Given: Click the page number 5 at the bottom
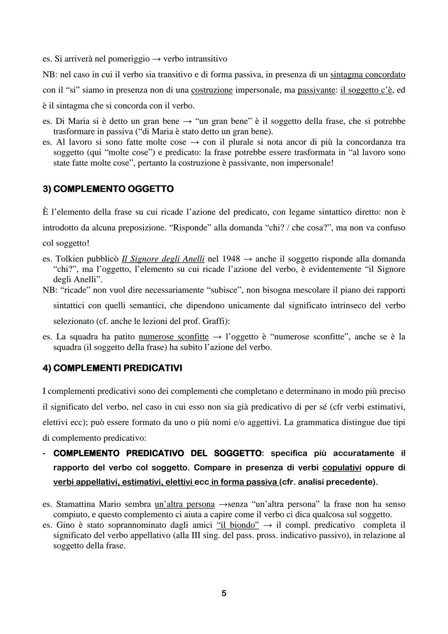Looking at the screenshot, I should (224, 593).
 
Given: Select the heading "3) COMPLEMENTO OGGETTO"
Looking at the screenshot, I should (108, 189).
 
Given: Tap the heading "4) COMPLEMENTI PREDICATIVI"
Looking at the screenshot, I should (112, 368).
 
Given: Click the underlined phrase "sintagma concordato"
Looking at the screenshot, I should (368, 75).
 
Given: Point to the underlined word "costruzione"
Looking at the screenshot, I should (212, 90).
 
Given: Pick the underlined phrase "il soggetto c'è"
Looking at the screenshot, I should (366, 90).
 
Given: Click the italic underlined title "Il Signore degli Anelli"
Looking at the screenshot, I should (163, 259).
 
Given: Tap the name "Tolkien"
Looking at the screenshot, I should (71, 259).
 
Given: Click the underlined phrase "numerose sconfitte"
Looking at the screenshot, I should (173, 337).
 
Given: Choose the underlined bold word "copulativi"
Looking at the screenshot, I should (342, 468).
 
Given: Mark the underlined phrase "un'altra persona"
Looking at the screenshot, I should (185, 505).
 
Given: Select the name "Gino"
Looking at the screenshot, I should (65, 525).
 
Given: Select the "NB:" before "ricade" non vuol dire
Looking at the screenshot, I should (50, 290).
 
